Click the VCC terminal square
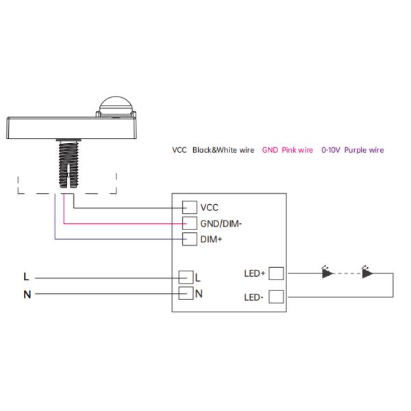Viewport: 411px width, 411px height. coord(190,208)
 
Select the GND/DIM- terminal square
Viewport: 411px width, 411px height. coord(190,223)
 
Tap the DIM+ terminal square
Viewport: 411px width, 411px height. coord(190,239)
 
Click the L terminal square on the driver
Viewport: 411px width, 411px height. coord(185,277)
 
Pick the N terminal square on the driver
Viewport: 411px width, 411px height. coord(185,294)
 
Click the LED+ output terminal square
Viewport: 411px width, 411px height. coord(275,274)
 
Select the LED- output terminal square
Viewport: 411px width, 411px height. coord(275,297)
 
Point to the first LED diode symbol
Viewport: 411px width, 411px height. coord(327,273)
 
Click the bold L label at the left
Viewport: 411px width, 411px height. coord(26,277)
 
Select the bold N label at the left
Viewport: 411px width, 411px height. coord(27,295)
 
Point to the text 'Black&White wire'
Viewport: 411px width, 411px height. coord(223,150)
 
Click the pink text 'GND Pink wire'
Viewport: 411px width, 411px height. coord(288,150)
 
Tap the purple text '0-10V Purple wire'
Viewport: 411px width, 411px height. coord(353,150)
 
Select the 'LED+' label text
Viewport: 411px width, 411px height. coord(254,274)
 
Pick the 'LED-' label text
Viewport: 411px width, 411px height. coord(254,297)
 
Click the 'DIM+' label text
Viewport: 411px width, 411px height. coord(212,239)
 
